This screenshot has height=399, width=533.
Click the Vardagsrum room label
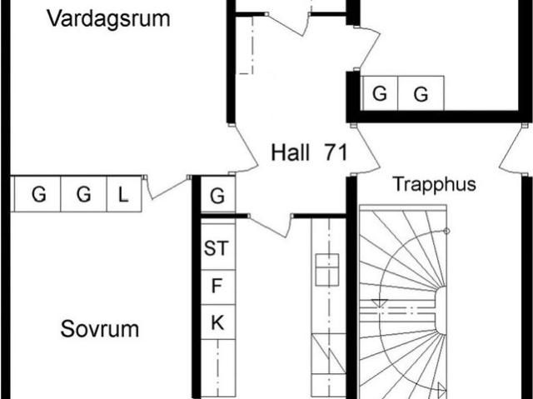tap(108, 19)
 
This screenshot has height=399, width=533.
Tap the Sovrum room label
tap(100, 329)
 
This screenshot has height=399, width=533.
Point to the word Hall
tap(291, 152)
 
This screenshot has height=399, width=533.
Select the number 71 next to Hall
tap(336, 152)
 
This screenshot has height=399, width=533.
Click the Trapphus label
tap(435, 184)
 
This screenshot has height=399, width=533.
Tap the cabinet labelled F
tap(218, 287)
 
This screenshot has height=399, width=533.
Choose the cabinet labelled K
tap(218, 322)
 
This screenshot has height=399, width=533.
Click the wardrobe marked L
tap(124, 194)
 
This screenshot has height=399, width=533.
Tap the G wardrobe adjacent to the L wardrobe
tap(83, 194)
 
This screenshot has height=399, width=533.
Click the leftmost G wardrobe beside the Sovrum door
tap(37, 194)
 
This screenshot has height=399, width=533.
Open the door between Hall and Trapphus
tap(368, 150)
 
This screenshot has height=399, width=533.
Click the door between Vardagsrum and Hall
tap(245, 150)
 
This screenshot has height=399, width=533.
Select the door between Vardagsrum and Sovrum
tap(167, 187)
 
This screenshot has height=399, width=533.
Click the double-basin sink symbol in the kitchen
tap(327, 270)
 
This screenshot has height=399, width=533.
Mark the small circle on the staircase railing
tap(447, 231)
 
